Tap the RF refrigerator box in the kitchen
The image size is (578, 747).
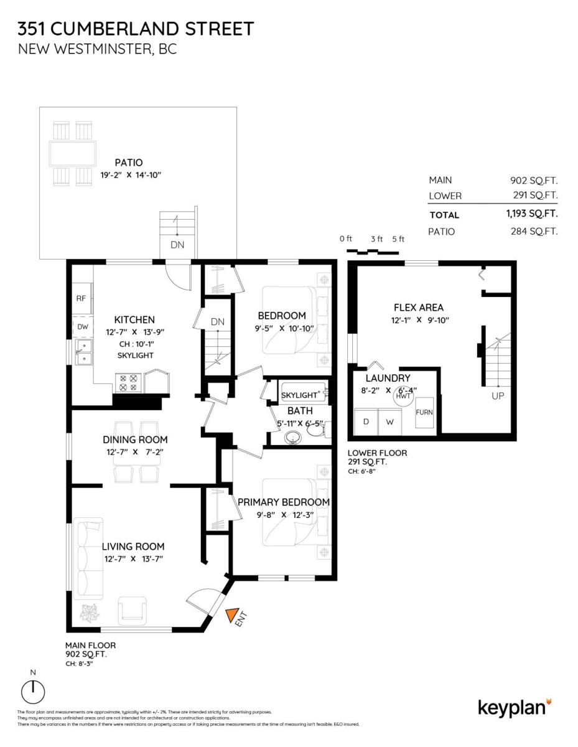81,298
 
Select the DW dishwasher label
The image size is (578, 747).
82,326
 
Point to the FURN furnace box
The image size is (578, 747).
424,412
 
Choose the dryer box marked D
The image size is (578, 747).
366,421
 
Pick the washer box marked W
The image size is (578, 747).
389,421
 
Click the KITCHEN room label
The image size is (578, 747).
130,319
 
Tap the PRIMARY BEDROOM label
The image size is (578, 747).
283,502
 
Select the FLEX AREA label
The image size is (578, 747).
418,308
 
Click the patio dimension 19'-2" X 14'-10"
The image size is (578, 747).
131,176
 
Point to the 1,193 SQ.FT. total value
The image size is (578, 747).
531,214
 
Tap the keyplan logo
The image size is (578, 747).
514,707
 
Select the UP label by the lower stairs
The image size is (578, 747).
498,396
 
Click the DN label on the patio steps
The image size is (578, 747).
177,245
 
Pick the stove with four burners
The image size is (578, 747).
128,382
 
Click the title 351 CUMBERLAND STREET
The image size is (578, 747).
136,29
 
